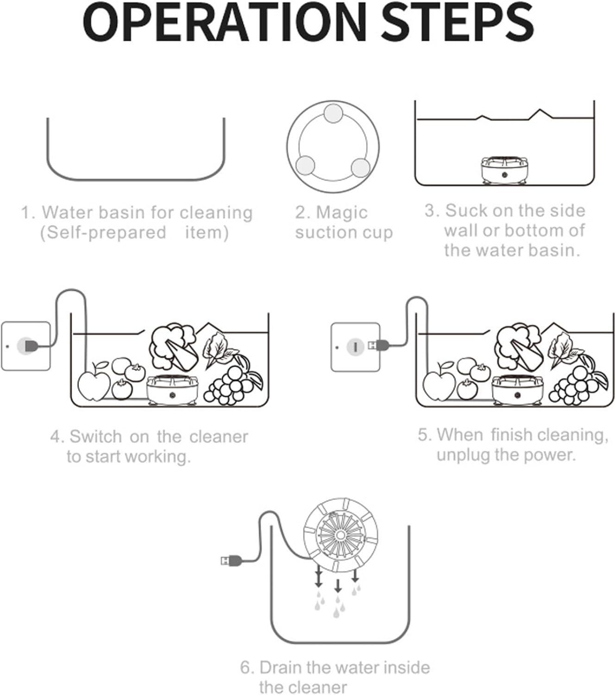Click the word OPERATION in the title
[225, 23]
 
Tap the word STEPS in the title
[458, 23]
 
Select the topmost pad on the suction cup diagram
[333, 114]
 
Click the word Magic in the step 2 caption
[342, 213]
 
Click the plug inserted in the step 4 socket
[31, 346]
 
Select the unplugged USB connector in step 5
[378, 345]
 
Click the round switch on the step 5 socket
[355, 347]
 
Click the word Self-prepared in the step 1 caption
[107, 233]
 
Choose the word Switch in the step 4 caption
[96, 436]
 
